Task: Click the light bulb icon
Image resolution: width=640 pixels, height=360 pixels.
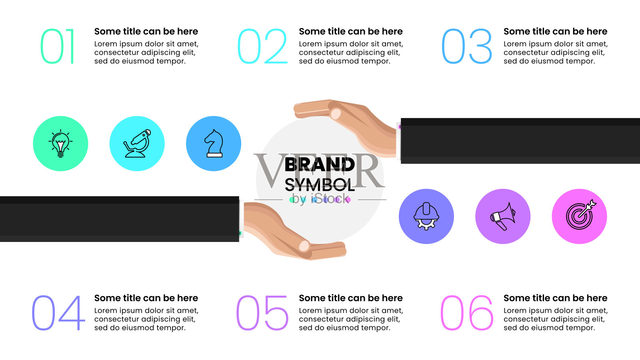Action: tap(60, 144)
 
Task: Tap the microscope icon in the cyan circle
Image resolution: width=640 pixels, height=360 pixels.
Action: tap(137, 144)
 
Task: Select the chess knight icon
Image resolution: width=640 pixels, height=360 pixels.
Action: tap(214, 144)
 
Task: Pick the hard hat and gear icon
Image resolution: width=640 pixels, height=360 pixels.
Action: tap(426, 216)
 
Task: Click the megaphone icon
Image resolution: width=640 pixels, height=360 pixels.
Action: tap(503, 216)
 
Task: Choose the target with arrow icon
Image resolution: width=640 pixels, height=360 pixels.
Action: tap(580, 215)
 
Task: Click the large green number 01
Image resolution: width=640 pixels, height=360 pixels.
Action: tap(58, 46)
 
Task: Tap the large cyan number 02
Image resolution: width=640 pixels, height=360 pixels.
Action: tap(262, 46)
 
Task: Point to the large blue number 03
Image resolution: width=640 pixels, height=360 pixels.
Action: tap(466, 46)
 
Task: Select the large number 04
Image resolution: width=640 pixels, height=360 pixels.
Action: tap(58, 313)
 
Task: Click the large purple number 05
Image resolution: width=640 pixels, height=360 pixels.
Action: tap(262, 313)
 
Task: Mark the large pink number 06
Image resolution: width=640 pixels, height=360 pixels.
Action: tap(467, 313)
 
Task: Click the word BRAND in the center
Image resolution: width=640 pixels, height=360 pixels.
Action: tap(320, 164)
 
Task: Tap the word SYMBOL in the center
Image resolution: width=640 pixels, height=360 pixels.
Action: tap(320, 184)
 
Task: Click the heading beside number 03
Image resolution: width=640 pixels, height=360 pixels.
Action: tap(556, 32)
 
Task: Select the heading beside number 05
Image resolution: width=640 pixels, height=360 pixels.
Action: tap(351, 298)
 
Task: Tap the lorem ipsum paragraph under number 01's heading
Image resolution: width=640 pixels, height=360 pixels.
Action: tap(146, 52)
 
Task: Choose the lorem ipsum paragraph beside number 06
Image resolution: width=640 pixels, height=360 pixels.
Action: tap(556, 319)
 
